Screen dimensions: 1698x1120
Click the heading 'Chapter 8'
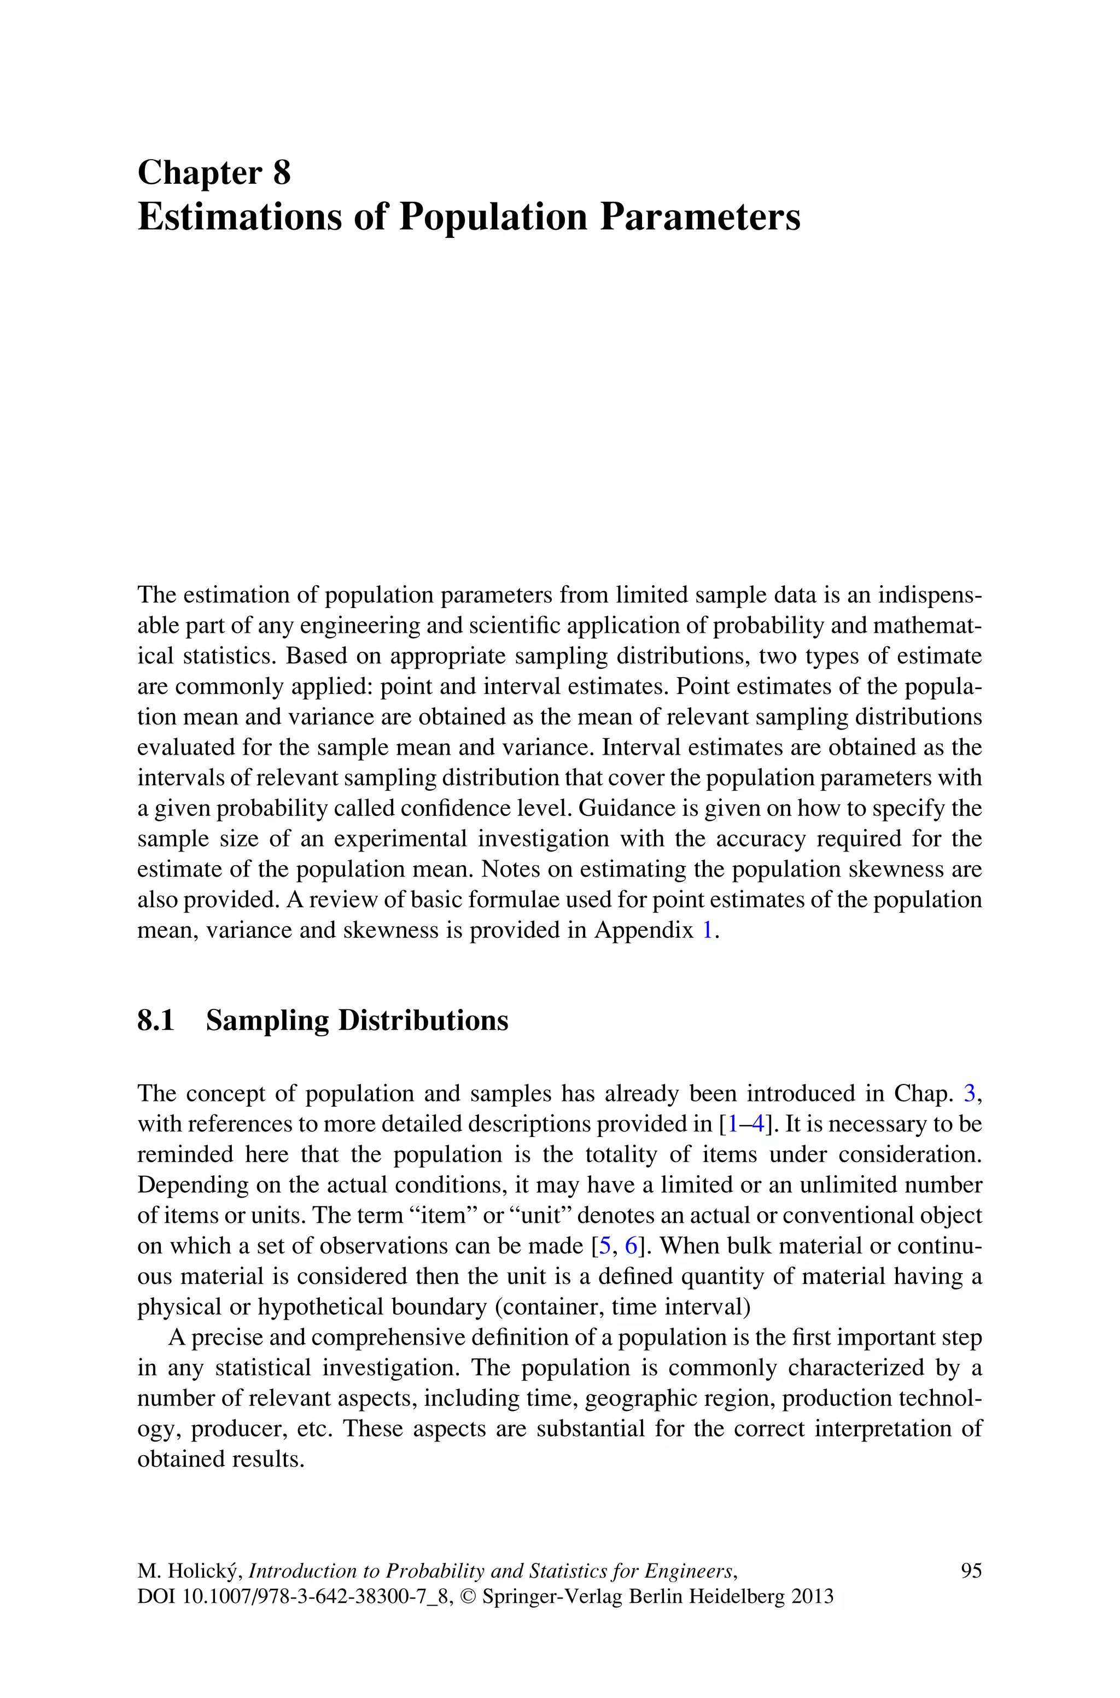[214, 173]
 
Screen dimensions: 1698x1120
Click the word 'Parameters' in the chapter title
[700, 217]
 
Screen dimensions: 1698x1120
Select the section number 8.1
[156, 1020]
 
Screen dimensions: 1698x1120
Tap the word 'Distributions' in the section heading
[422, 1020]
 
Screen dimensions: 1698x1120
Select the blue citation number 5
[604, 1246]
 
